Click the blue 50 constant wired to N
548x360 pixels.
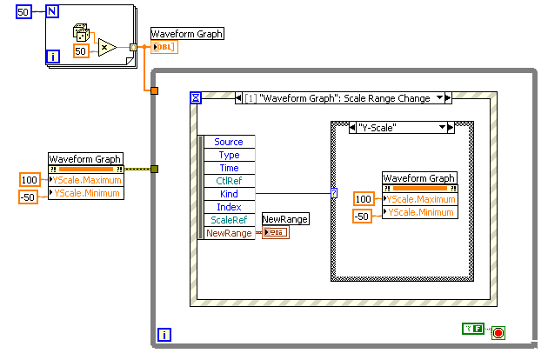click(x=24, y=13)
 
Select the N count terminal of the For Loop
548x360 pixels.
click(x=51, y=13)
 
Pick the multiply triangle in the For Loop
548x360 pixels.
click(x=107, y=47)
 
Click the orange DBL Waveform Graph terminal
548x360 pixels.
click(x=164, y=47)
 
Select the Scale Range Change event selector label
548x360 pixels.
click(x=340, y=98)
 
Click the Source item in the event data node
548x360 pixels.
click(x=229, y=142)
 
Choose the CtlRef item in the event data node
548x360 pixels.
click(x=229, y=181)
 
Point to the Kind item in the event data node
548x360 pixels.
click(x=229, y=194)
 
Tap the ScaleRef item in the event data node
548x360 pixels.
click(x=229, y=220)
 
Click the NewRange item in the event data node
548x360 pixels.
click(x=229, y=233)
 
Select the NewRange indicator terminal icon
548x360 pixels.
click(x=276, y=232)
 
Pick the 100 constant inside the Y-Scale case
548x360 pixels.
click(x=364, y=199)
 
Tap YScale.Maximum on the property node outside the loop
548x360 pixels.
click(x=88, y=180)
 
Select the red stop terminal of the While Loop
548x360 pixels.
click(x=498, y=332)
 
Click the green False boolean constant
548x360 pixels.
click(x=472, y=328)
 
